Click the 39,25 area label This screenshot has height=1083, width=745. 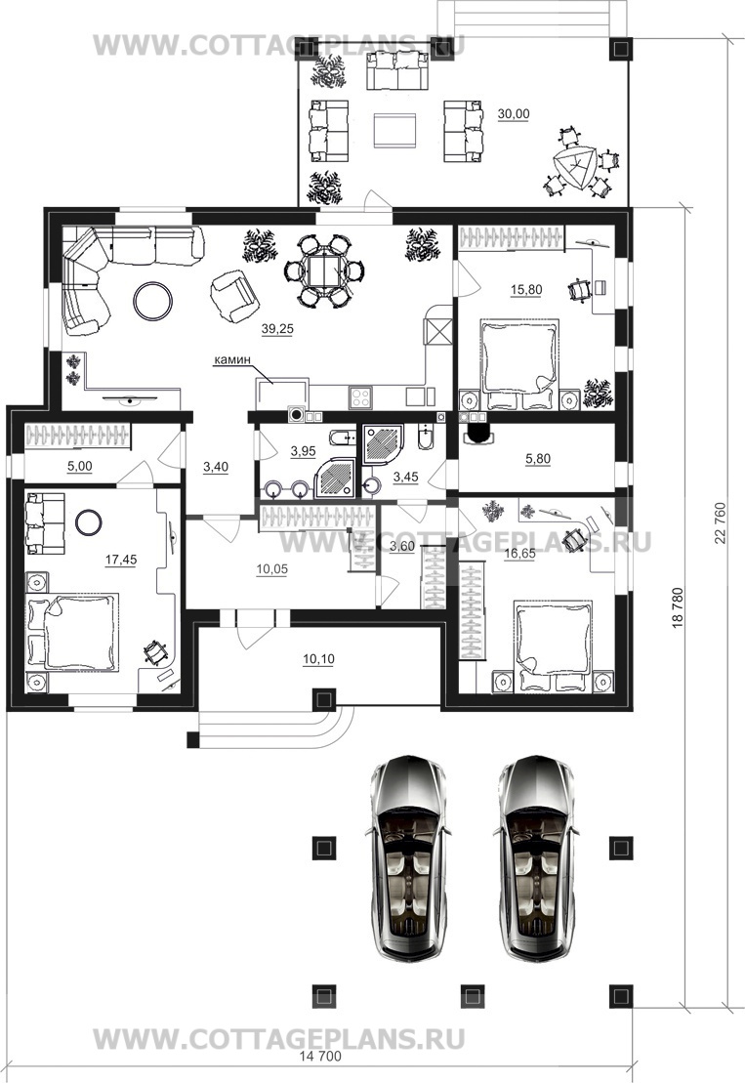(x=277, y=329)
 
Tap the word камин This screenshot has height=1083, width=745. (x=231, y=359)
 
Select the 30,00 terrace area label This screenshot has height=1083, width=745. (x=513, y=114)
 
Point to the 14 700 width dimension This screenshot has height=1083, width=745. (x=320, y=1056)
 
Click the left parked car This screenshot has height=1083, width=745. (x=408, y=858)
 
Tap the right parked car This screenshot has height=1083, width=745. (x=536, y=858)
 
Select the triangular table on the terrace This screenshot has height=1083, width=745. (x=575, y=167)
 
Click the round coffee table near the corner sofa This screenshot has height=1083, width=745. (x=153, y=301)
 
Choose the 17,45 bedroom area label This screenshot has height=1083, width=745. (x=121, y=561)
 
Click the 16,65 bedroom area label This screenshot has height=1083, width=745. (x=519, y=554)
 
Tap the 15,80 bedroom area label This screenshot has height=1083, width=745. (x=526, y=290)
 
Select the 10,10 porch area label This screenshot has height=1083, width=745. (x=318, y=659)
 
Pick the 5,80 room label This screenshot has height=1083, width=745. (x=538, y=459)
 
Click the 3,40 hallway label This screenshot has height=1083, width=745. (x=216, y=468)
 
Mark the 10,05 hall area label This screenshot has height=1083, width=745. (x=272, y=569)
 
